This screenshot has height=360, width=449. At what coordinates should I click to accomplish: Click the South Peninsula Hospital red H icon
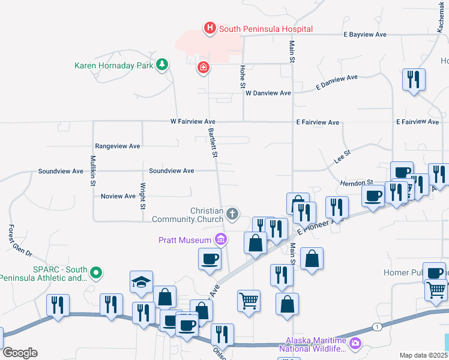click(x=209, y=28)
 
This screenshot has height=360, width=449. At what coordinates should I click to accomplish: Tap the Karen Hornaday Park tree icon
click(x=161, y=64)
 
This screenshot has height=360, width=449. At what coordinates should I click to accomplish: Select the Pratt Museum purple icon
click(x=220, y=240)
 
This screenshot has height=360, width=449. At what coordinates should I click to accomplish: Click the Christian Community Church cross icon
click(x=232, y=214)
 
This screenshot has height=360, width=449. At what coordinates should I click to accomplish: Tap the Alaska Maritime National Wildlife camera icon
click(x=355, y=343)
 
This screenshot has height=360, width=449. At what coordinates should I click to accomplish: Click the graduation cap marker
click(x=141, y=281)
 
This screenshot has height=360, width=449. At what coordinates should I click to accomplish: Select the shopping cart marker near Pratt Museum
click(x=249, y=300)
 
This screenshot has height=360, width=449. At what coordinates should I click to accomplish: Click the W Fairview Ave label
click(x=193, y=121)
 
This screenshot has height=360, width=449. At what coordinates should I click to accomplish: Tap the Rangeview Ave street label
click(x=118, y=146)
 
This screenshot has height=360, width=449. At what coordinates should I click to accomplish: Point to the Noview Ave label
click(x=118, y=196)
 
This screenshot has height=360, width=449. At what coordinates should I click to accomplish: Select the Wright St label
click(x=143, y=196)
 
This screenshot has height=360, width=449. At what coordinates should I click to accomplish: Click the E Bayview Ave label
click(x=365, y=35)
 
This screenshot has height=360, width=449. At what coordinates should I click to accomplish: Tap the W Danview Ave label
click(x=268, y=93)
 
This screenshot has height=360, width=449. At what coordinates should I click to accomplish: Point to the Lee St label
click(x=342, y=158)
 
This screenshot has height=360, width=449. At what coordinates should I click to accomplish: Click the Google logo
click(x=20, y=353)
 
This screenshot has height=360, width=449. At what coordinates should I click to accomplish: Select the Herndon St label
click(x=357, y=182)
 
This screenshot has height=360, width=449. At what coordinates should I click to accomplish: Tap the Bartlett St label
click(x=212, y=142)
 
